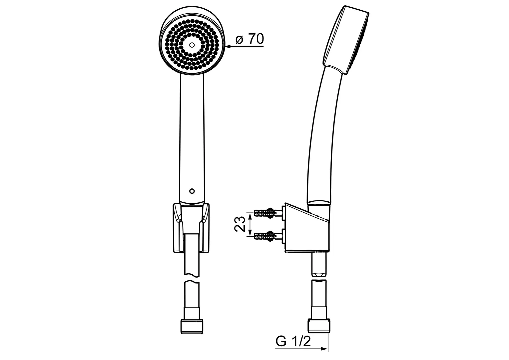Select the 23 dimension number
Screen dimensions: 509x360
pos(240,224)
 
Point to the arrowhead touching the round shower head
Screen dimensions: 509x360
pos(229,47)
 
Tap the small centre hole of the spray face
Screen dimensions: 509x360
pos(192,45)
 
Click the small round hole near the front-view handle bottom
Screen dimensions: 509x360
pos(192,191)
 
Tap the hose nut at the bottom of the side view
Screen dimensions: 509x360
pos(319,326)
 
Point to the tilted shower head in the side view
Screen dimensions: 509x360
pos(346,40)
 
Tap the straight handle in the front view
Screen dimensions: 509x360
pos(192,139)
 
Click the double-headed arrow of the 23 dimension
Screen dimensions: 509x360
pos(250,224)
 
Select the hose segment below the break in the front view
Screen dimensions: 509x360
pos(192,300)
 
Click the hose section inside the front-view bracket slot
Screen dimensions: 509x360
pos(192,255)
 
